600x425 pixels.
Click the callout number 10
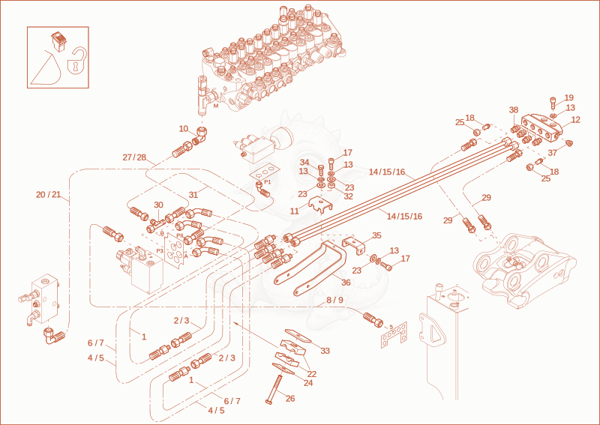point(184,129)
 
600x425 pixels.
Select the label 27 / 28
point(134,157)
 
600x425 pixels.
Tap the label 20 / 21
point(49,195)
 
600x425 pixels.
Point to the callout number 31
point(193,195)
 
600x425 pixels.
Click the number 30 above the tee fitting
point(158,205)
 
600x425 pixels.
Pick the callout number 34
point(304,162)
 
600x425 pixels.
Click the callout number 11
point(294,211)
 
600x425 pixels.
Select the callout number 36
point(346,283)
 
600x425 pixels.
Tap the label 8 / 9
point(334,300)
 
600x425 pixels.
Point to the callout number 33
point(325,351)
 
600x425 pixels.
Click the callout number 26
point(290,399)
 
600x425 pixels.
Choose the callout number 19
point(569,97)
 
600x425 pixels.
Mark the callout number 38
point(514,110)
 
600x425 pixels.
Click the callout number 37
point(552,153)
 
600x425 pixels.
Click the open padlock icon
point(76,61)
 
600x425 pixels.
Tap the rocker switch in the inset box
point(59,42)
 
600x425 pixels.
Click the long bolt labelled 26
point(273,389)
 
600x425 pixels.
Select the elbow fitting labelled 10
point(201,136)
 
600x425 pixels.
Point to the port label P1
point(268,181)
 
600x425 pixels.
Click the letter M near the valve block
point(216,106)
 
